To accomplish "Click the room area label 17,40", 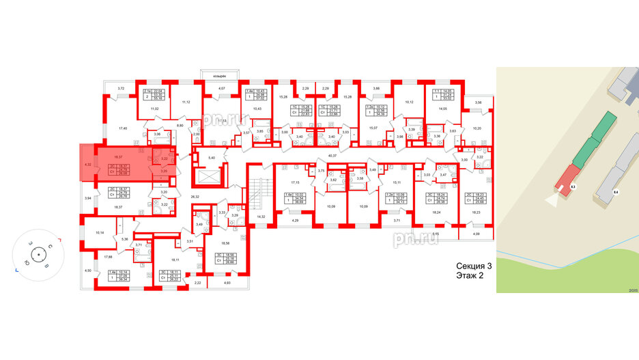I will [124, 128].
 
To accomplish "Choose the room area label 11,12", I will [186, 102].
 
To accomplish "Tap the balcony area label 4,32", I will [87, 164].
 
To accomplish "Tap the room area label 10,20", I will [477, 128].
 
